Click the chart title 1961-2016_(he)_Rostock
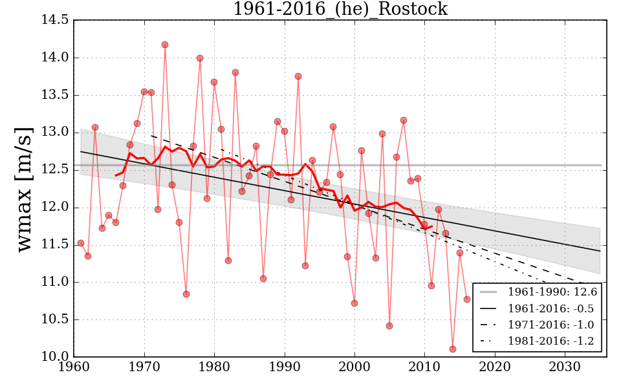[x=340, y=9]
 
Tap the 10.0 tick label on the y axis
[x=55, y=357]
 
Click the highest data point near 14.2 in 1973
[x=165, y=45]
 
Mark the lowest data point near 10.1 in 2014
[x=453, y=349]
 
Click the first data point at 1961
[x=81, y=243]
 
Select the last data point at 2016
[x=467, y=299]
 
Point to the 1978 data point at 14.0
[x=200, y=58]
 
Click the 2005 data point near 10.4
[x=389, y=326]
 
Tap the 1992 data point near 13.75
[x=298, y=76]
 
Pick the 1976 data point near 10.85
[x=186, y=294]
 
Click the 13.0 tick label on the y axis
[x=55, y=133]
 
